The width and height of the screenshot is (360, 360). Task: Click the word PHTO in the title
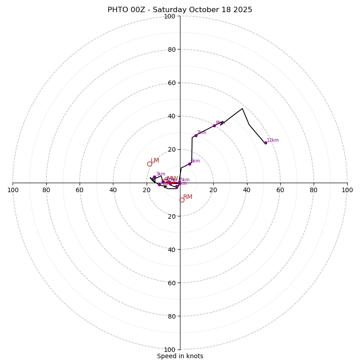click(x=118, y=10)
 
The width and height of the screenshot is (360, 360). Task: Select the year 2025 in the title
click(x=243, y=10)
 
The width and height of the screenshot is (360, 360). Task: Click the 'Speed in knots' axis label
click(x=180, y=356)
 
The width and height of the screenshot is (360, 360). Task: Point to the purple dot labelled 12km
click(x=265, y=143)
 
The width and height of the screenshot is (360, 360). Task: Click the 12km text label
click(x=273, y=140)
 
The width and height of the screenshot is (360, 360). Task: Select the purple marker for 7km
click(x=196, y=135)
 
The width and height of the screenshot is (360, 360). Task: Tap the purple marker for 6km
click(x=189, y=164)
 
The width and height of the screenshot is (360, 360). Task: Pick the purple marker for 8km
click(x=214, y=126)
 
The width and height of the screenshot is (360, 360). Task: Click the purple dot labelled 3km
click(x=154, y=177)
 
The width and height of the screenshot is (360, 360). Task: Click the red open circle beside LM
click(x=149, y=164)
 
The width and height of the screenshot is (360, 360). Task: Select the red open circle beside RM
click(x=182, y=200)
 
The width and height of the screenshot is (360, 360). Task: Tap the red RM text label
click(x=188, y=197)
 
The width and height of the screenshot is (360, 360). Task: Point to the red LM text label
click(x=155, y=161)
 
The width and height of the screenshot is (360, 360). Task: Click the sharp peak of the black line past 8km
click(x=242, y=108)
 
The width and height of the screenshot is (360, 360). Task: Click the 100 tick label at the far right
click(x=347, y=190)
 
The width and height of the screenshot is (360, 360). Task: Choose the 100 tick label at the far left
click(x=13, y=190)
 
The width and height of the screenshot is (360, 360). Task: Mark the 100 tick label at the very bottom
click(x=170, y=349)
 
